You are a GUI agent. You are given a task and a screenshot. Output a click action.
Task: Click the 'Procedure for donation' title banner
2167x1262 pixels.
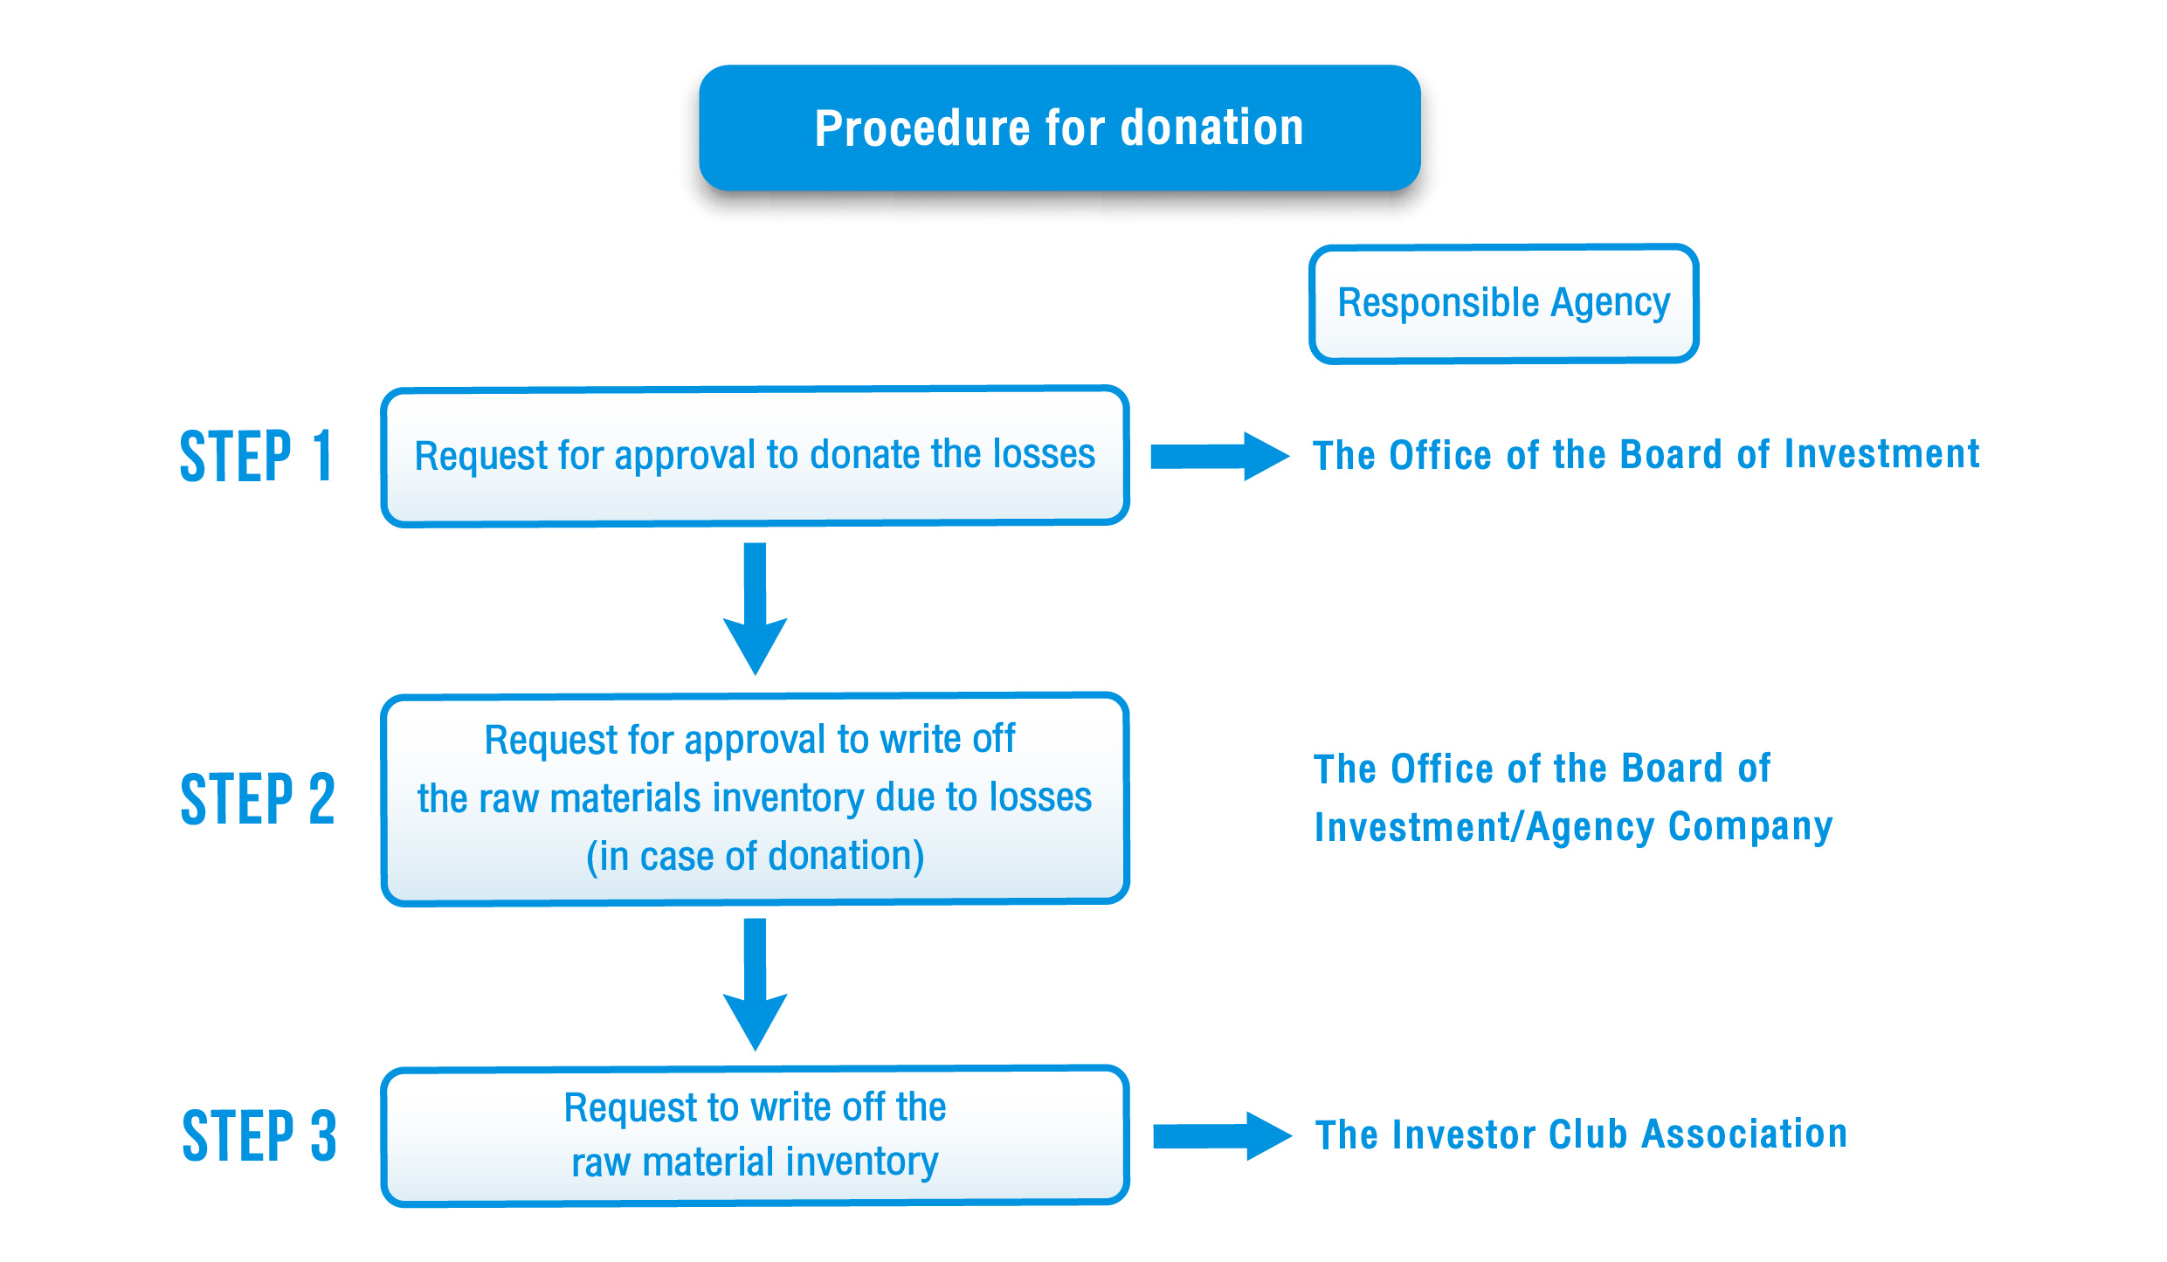coord(1059,128)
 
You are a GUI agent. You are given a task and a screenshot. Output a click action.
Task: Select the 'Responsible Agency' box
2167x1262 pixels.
coord(1503,303)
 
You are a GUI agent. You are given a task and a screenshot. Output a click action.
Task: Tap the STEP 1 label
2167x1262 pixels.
coord(256,456)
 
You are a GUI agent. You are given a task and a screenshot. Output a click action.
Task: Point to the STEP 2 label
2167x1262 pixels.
coord(258,798)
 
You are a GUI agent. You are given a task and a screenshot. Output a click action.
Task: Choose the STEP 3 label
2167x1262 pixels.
coord(259,1135)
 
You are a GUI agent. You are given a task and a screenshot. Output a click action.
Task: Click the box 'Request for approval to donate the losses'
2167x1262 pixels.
coord(755,456)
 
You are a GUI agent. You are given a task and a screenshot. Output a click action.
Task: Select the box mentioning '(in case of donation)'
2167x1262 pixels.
coord(755,798)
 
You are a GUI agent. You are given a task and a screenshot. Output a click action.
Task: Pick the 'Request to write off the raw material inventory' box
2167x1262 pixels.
coord(755,1135)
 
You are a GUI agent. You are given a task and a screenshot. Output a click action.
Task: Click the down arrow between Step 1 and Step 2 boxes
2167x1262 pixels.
coord(756,609)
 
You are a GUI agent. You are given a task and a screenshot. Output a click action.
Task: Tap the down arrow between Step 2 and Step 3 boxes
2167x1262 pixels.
coord(756,984)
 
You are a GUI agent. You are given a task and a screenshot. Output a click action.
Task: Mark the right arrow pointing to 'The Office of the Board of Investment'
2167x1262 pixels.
coord(1220,456)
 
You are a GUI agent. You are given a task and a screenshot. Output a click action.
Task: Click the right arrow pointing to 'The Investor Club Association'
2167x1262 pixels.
coord(1223,1135)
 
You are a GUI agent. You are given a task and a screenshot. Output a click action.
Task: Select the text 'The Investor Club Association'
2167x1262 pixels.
coord(1582,1134)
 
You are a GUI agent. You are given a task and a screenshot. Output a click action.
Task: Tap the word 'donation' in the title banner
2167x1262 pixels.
coord(1212,128)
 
